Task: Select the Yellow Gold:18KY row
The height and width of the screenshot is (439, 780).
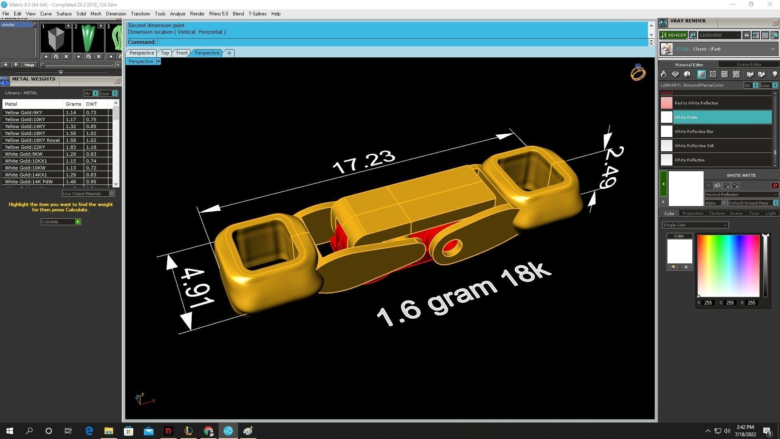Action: click(x=25, y=133)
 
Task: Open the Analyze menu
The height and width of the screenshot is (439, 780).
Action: click(x=177, y=14)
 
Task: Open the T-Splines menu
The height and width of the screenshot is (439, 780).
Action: click(x=257, y=14)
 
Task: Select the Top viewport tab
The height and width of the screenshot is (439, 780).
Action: click(x=165, y=53)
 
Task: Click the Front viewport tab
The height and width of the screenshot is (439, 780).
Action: click(x=182, y=53)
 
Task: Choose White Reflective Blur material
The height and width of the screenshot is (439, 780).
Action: click(x=694, y=131)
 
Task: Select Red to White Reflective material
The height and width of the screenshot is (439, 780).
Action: click(x=696, y=103)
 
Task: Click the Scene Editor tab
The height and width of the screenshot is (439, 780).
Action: click(x=749, y=64)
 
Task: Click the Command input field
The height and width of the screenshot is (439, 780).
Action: click(x=402, y=42)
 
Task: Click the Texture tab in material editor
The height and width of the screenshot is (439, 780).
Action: click(x=716, y=213)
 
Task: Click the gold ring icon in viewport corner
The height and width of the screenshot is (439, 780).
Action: click(x=638, y=73)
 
